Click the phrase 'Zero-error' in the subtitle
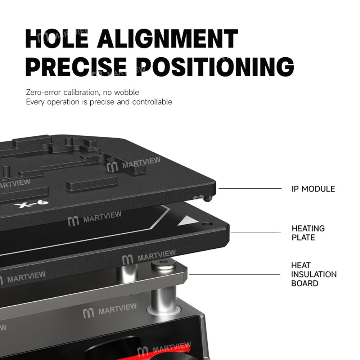44,92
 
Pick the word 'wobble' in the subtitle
126,92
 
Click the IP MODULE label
313,189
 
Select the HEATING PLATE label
308,233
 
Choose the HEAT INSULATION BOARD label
314,274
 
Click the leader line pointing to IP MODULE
250,188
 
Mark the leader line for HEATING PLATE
256,233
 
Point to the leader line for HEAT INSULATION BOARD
235,275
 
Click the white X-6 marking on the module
31,204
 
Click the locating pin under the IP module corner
208,199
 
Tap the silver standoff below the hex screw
164,300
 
